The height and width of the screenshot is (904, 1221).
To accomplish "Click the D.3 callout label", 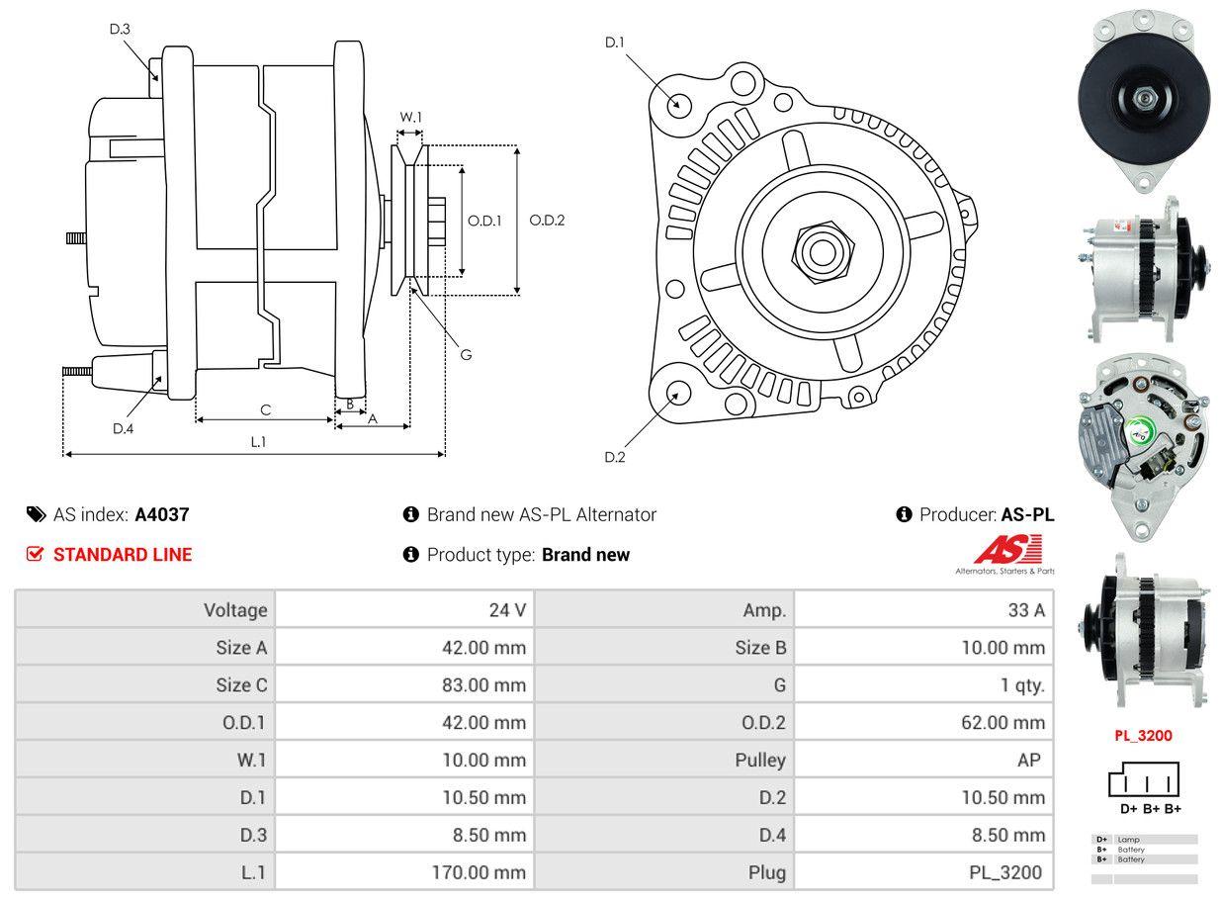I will tap(120, 29).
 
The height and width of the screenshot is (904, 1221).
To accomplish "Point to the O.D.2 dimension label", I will tap(547, 221).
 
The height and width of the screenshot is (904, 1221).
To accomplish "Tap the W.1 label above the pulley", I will tap(410, 117).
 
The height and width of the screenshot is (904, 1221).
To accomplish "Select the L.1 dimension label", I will tap(257, 442).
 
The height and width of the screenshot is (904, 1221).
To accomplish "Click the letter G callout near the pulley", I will tap(466, 354).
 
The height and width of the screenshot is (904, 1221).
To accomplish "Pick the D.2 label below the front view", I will tap(614, 457).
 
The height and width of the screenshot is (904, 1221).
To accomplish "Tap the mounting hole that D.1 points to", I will tap(678, 104).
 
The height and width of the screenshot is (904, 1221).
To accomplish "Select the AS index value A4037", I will tap(162, 514).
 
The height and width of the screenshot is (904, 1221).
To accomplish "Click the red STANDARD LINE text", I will tap(123, 555).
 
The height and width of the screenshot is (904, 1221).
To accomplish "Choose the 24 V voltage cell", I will tap(507, 610).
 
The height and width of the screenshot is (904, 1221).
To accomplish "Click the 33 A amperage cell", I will tap(1026, 610).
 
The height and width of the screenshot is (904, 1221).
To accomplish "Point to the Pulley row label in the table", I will tap(760, 761).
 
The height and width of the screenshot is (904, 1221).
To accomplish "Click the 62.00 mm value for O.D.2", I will tap(1003, 723).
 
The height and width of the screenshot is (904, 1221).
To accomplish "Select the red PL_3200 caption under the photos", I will tap(1143, 736).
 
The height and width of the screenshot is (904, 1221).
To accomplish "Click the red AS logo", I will tap(1007, 550).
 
